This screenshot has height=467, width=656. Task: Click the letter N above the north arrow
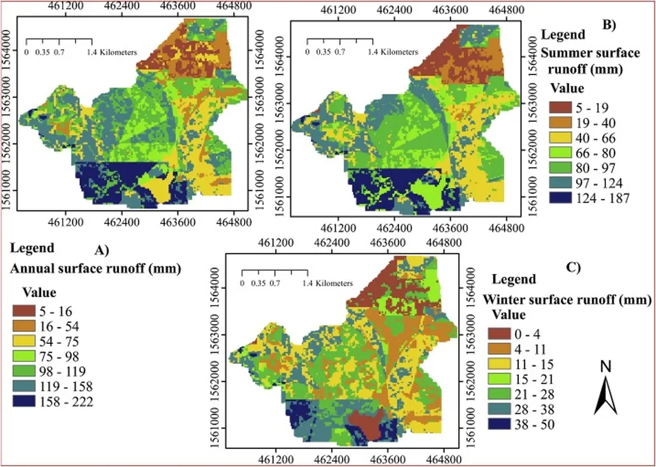(x=605, y=366)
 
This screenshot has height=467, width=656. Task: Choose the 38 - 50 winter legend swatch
(x=498, y=424)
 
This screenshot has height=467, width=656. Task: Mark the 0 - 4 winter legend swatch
(x=498, y=333)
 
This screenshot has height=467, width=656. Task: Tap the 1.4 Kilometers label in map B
(x=393, y=52)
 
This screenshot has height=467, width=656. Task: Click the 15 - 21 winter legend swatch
(x=498, y=379)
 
